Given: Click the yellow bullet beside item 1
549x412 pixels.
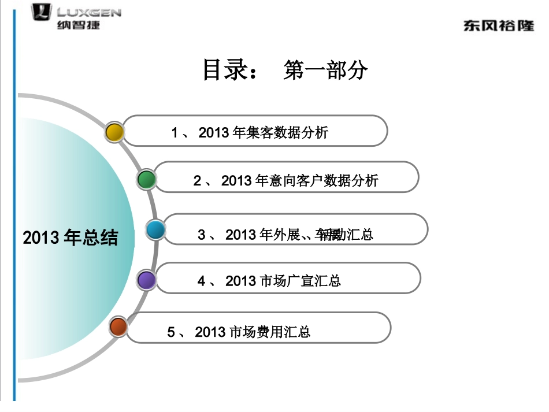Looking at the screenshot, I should tap(115, 132).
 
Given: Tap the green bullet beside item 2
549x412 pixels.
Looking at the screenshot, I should tap(147, 180).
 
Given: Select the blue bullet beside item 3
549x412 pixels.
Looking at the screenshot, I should tap(155, 230).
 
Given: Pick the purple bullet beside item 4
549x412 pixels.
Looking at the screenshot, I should tap(147, 280).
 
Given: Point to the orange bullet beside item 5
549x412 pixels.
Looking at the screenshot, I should tap(118, 327).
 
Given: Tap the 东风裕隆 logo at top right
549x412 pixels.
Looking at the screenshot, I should tap(498, 26).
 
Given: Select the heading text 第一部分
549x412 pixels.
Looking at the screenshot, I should tap(325, 70).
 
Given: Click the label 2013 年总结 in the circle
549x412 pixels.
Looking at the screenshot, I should tap(70, 237).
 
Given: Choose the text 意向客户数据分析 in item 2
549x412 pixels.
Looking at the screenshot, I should tap(324, 181).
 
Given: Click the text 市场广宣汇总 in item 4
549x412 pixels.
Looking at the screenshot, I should tap(301, 281).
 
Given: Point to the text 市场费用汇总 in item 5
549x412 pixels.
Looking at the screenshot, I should tap(270, 332).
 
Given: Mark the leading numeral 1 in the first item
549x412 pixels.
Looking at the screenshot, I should tap(175, 133).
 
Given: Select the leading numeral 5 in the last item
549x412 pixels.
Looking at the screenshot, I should tap(171, 332).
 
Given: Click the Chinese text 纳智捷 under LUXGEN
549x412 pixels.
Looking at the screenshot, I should tap(79, 25).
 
